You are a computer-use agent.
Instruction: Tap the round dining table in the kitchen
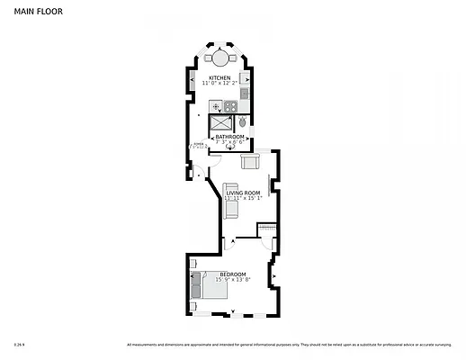pos(220,58)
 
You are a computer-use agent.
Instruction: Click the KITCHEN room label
pos(220,78)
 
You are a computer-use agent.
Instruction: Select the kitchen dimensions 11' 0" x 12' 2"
pos(220,84)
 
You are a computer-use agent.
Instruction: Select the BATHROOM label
pos(229,137)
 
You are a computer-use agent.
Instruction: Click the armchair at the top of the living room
pos(251,162)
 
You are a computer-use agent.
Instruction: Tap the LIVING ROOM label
pos(243,193)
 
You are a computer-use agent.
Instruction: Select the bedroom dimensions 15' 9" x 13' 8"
pos(231,279)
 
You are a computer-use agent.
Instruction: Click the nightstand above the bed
pos(196,274)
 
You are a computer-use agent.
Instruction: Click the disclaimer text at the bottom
pos(288,344)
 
